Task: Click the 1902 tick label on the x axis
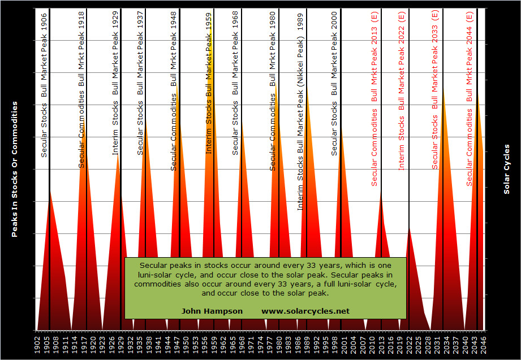point(37,344)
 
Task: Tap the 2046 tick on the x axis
point(484,344)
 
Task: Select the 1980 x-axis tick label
point(279,344)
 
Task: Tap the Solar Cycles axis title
point(507,168)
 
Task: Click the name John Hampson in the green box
point(212,311)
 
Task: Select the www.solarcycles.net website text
point(305,311)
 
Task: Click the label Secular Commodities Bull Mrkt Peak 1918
point(81,89)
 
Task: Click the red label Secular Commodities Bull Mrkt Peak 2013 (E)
point(374,99)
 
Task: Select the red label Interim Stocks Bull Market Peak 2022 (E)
point(402,90)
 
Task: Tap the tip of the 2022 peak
point(408,227)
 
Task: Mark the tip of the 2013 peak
point(381,191)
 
